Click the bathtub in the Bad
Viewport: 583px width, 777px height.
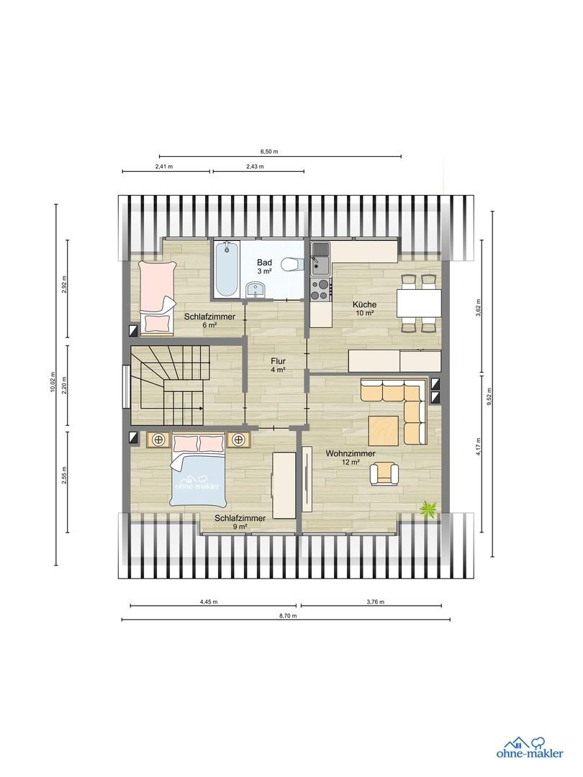point(227,270)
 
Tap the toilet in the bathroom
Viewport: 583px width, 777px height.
point(292,265)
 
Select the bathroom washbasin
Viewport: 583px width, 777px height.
point(257,290)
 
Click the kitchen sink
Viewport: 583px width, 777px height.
point(320,259)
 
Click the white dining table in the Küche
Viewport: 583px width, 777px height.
point(419,304)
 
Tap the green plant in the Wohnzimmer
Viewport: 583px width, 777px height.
point(429,509)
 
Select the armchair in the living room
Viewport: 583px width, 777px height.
point(384,472)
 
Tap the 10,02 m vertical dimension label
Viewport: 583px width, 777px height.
point(53,382)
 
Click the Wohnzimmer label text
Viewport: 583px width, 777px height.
point(350,453)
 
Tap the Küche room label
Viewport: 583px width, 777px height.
point(364,304)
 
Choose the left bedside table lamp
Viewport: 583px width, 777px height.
point(158,439)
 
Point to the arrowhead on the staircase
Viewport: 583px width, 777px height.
point(201,409)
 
